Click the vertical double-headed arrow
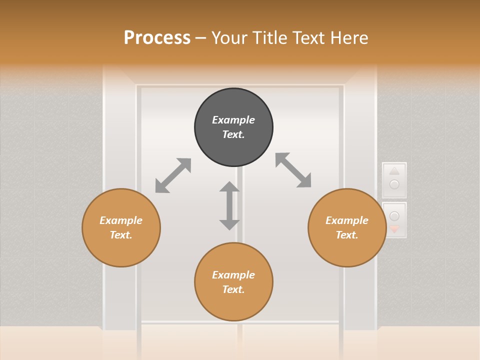point(229,205)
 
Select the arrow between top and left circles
point(173,175)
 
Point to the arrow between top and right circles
point(293,170)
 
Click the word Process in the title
point(157,38)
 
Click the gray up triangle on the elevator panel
point(394,171)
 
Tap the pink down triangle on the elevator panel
point(394,229)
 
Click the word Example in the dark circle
point(233,120)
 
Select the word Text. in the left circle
point(121,235)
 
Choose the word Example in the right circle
point(347,220)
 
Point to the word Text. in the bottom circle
point(233,289)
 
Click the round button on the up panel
point(394,184)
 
